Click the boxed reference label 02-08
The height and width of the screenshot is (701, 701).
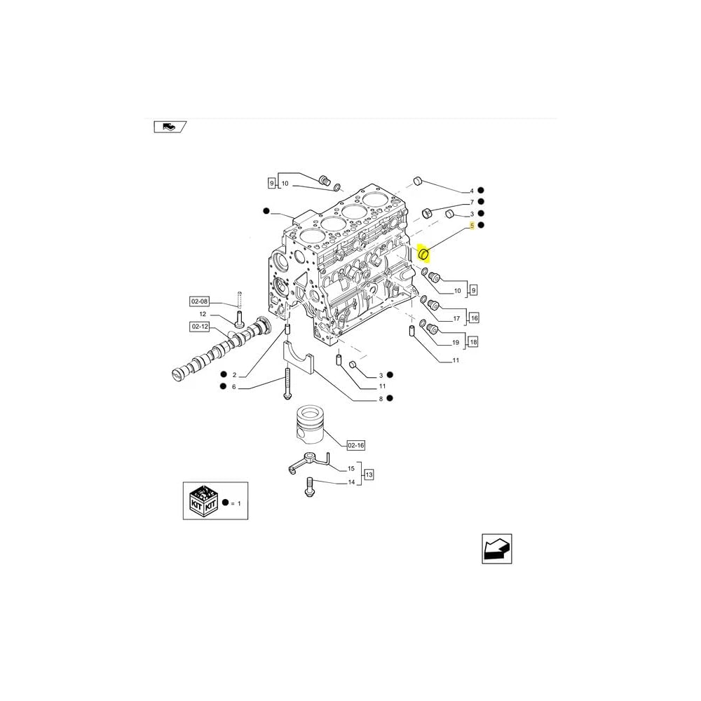(x=199, y=301)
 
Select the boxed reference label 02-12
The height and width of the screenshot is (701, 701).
(x=199, y=327)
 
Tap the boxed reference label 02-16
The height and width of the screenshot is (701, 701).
(x=356, y=445)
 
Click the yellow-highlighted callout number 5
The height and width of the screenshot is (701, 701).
(x=472, y=226)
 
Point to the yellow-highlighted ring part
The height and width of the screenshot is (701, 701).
(x=423, y=254)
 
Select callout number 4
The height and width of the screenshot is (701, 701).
(x=472, y=191)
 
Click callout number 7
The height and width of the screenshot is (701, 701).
(x=472, y=202)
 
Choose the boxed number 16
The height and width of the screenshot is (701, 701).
(x=473, y=318)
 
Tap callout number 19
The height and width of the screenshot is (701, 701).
(x=455, y=343)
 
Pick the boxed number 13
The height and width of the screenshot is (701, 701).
(x=369, y=475)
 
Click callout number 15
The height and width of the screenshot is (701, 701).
(x=351, y=468)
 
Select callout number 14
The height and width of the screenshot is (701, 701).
(x=351, y=482)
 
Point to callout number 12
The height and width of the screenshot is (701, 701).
(x=203, y=314)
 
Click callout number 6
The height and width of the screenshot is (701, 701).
(x=234, y=387)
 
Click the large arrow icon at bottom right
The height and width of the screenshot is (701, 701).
(x=497, y=548)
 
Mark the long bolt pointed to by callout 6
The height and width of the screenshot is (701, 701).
(x=287, y=384)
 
